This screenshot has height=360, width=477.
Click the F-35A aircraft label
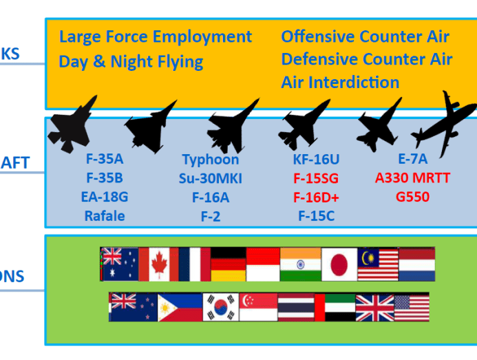click(x=105, y=160)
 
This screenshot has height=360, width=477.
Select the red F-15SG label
click(x=316, y=179)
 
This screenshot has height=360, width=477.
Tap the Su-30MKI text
click(x=211, y=179)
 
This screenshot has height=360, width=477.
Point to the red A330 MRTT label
click(x=412, y=178)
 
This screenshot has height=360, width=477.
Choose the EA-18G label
click(x=105, y=198)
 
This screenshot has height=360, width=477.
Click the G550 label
click(x=412, y=198)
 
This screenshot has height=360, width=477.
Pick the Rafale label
click(x=105, y=216)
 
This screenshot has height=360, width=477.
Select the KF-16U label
click(x=316, y=160)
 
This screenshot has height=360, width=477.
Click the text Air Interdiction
click(x=340, y=83)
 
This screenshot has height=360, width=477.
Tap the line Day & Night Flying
click(x=131, y=61)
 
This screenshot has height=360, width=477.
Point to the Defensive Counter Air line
click(x=366, y=59)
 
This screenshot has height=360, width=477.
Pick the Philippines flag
click(x=180, y=307)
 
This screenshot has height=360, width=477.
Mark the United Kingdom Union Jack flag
click(x=374, y=307)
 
